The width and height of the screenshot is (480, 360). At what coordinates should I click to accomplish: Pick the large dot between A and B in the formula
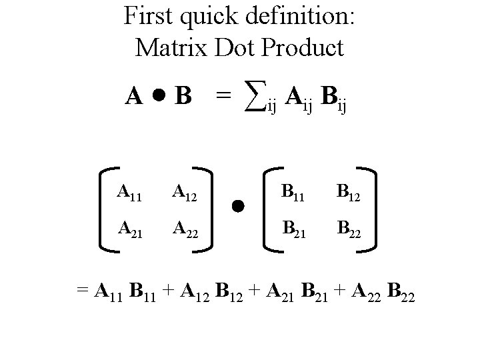tap(158, 97)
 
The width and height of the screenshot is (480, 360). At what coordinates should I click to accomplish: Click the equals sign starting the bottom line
tap(82, 291)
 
